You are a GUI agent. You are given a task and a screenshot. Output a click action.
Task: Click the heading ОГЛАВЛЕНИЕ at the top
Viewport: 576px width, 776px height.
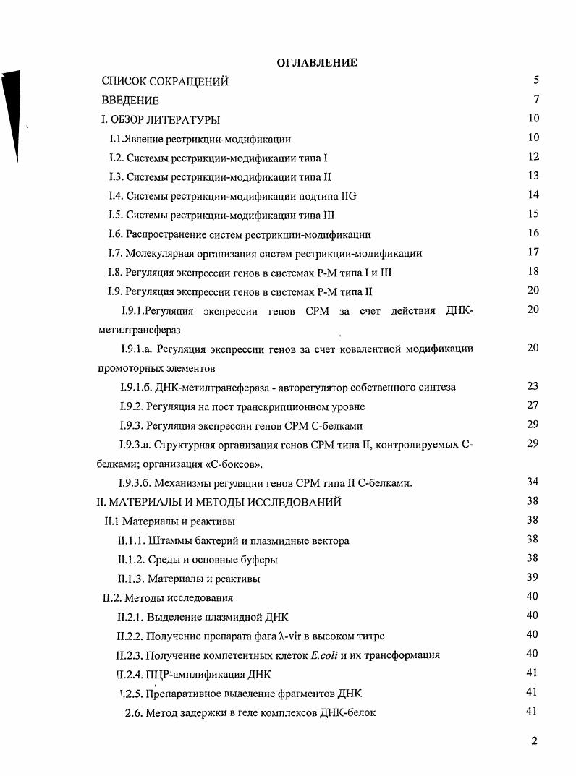point(317,64)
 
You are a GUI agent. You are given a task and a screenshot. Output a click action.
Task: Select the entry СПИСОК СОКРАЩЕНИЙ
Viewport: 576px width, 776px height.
point(165,82)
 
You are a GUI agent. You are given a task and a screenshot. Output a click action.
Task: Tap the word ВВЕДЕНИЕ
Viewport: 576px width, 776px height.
point(130,101)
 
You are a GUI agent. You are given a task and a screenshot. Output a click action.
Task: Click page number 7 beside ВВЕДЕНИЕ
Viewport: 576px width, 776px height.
point(536,100)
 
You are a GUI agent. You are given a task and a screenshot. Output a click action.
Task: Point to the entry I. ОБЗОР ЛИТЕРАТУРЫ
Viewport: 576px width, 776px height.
point(161,119)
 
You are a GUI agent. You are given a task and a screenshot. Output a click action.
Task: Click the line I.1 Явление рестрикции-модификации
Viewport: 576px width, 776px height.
point(200,138)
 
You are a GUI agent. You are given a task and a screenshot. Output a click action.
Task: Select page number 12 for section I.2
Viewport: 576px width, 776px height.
point(534,156)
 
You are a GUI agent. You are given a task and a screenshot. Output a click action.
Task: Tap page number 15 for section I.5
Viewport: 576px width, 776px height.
point(534,214)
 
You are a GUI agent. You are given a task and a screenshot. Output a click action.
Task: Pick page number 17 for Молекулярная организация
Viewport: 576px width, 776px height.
point(534,252)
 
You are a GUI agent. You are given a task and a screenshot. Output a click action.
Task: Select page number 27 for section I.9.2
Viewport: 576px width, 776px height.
point(533,406)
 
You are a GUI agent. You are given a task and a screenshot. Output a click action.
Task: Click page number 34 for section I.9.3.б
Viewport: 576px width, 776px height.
point(533,482)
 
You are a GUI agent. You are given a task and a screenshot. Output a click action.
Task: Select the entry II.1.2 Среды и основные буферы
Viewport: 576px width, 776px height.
point(197,560)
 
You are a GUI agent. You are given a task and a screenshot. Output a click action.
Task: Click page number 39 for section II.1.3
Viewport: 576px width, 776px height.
point(533,577)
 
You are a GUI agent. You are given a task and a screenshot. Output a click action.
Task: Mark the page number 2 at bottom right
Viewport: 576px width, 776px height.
point(534,740)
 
